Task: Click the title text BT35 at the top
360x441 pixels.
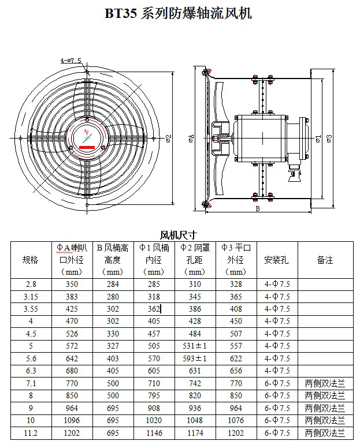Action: coord(120,13)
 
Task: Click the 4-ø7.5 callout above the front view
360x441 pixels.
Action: coord(71,61)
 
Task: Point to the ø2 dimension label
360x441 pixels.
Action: coord(169,139)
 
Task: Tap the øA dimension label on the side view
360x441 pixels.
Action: coord(191,138)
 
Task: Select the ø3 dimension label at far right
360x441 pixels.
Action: coord(329,139)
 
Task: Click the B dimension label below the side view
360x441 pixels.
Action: coord(258,208)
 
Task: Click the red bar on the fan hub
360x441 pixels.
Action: coord(87,147)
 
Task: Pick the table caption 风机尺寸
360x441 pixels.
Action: coord(179,235)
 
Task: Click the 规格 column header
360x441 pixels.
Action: coord(31,260)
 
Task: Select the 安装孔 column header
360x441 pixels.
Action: coord(276,260)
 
